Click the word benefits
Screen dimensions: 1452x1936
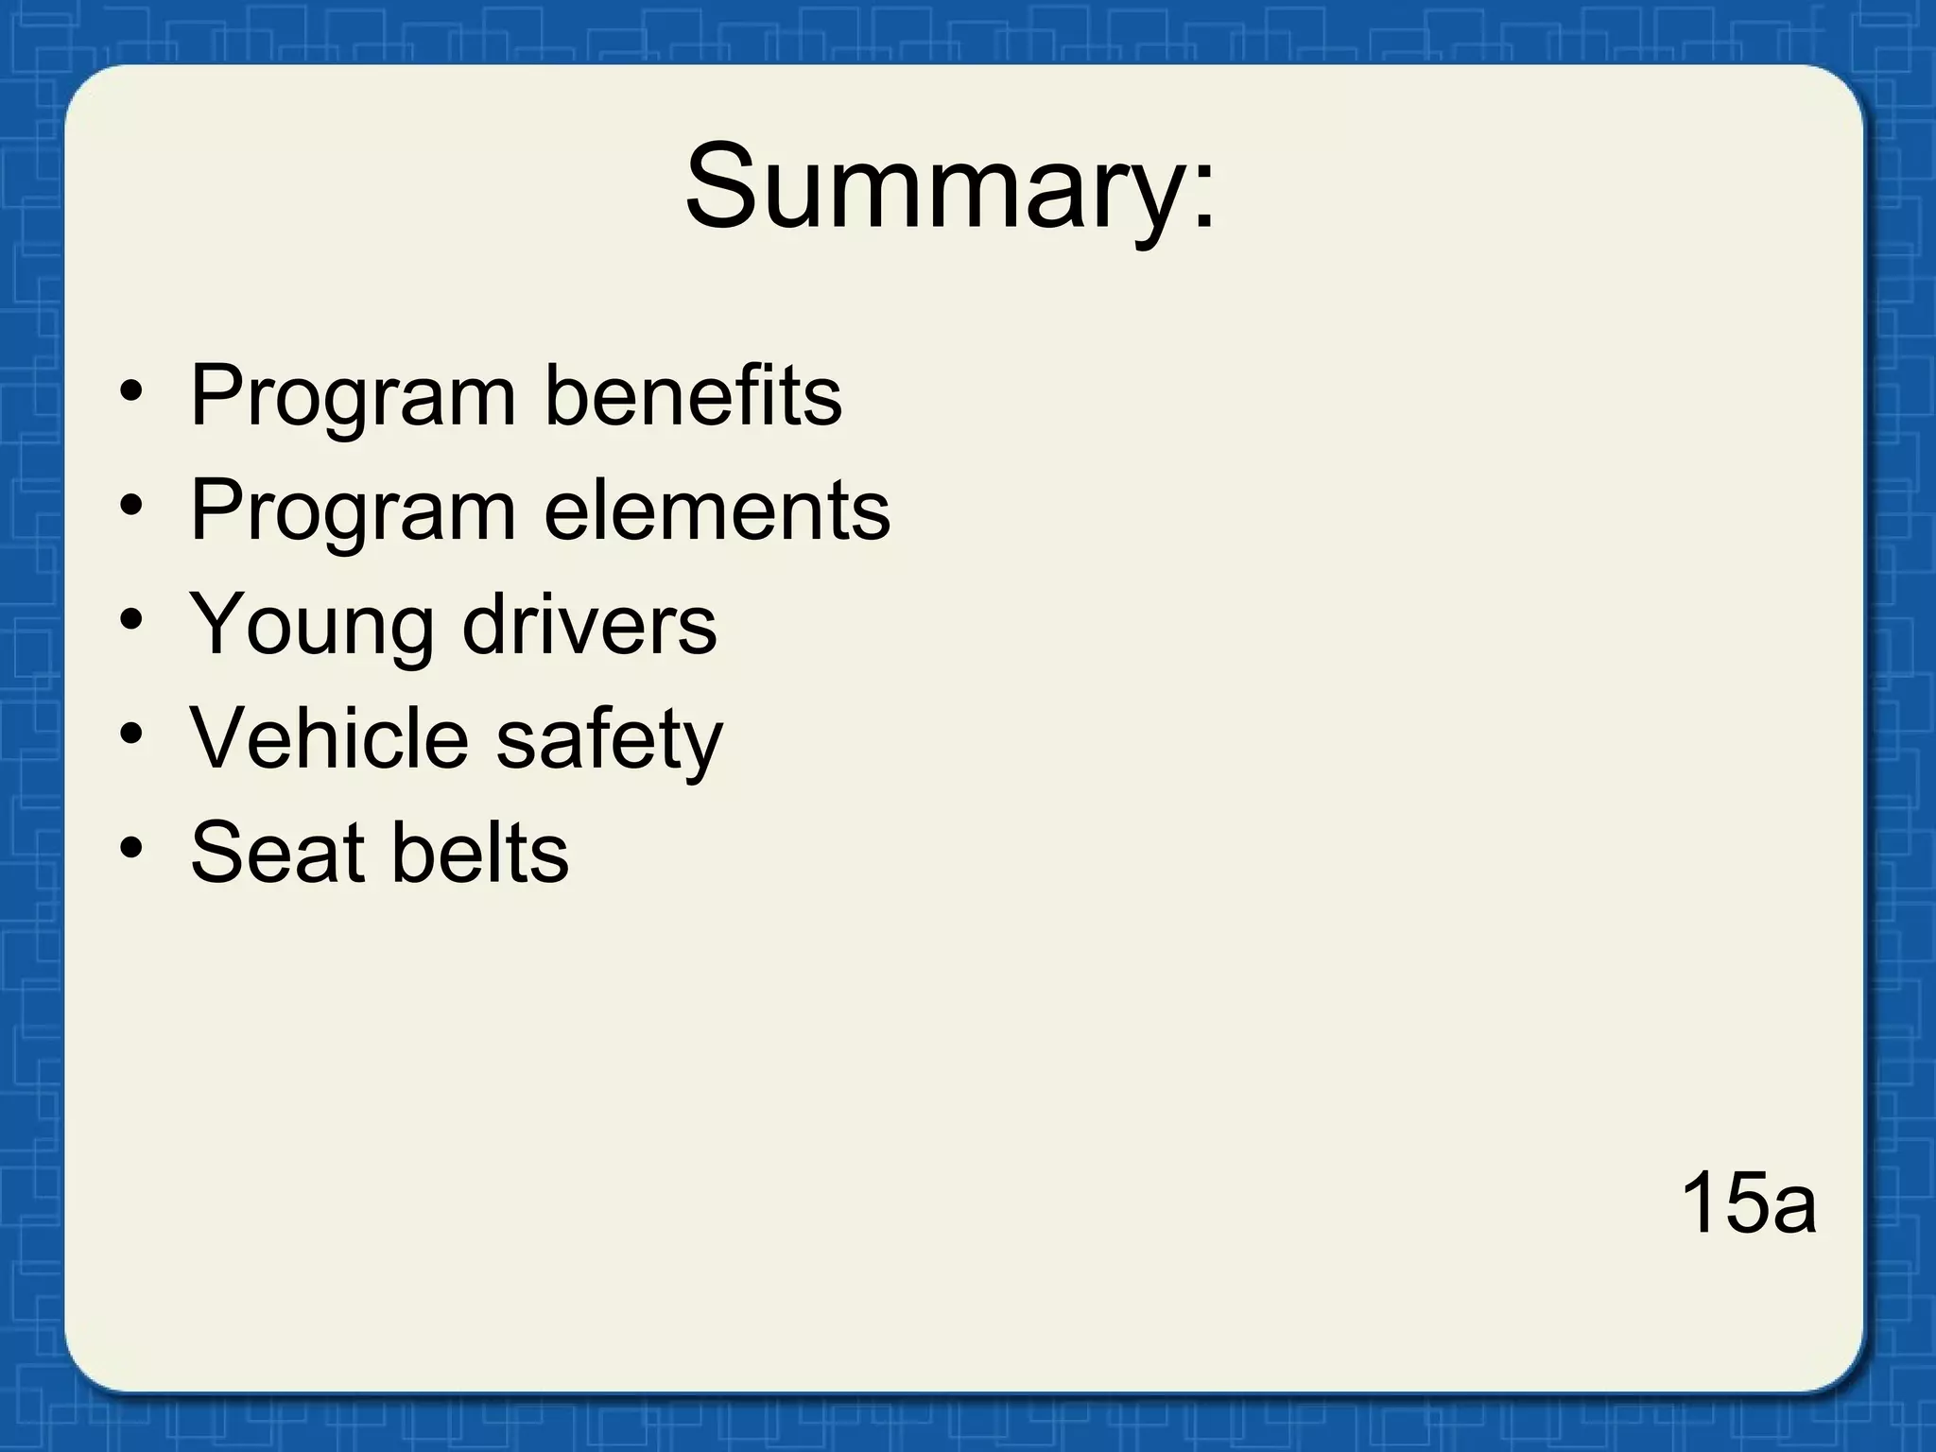pos(693,395)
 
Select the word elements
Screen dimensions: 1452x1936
pos(717,510)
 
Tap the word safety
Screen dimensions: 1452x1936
pos(609,740)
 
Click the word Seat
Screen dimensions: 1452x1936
pos(277,853)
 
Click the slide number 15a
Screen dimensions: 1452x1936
pos(1747,1202)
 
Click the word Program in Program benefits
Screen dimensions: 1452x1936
pos(353,397)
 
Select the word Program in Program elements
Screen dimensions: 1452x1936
pos(353,511)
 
